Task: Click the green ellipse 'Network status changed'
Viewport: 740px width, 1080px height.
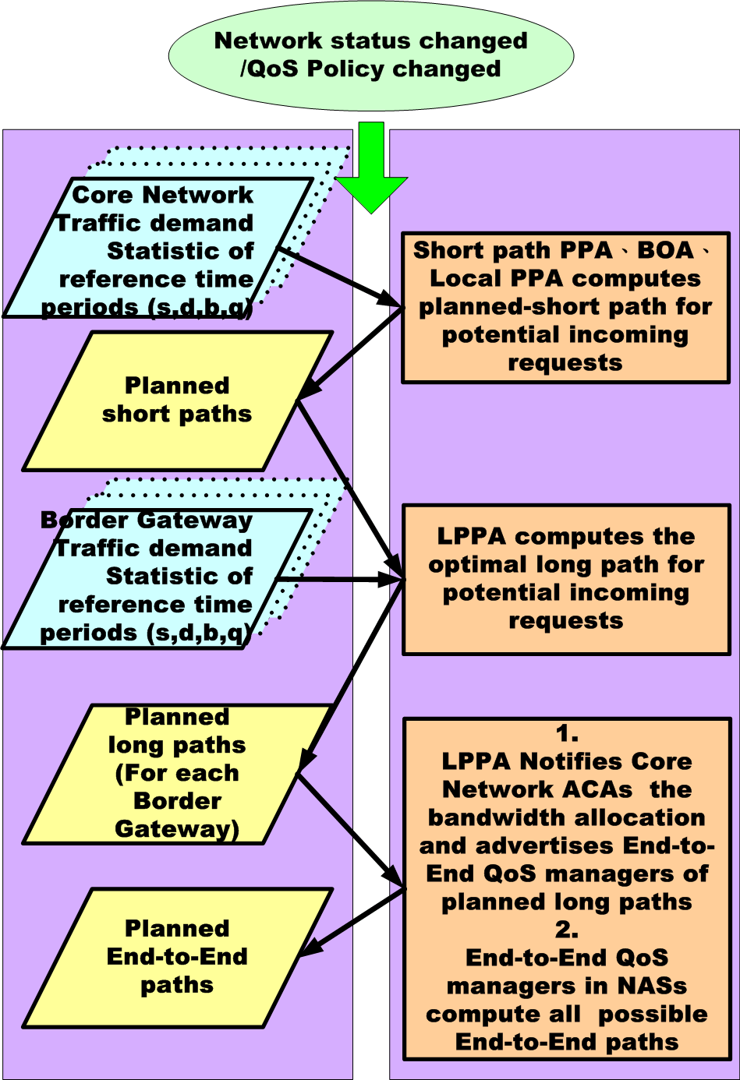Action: click(371, 55)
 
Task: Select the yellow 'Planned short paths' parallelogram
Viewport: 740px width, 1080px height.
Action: click(178, 401)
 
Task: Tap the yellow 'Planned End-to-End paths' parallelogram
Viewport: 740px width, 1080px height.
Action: click(178, 957)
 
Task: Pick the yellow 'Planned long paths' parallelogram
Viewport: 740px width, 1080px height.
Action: click(178, 773)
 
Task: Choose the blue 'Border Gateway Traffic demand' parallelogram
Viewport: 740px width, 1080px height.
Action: click(156, 577)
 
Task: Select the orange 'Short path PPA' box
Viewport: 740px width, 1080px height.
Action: click(565, 307)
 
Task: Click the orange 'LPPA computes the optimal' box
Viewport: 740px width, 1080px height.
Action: click(565, 579)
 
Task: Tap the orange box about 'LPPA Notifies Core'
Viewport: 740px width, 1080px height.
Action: click(567, 888)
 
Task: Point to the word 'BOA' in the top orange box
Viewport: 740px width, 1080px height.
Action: click(665, 250)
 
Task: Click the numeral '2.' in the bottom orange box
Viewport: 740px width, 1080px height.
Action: click(567, 930)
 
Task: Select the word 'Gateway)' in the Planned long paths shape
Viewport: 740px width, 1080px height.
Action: click(177, 828)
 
